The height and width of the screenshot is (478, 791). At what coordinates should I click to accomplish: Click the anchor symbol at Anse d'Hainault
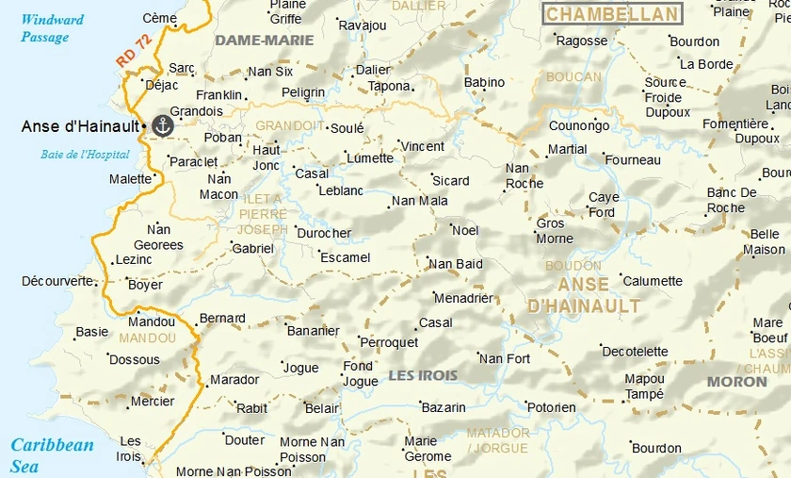tap(163, 125)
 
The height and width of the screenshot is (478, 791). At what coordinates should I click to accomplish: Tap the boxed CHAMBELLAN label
tap(612, 14)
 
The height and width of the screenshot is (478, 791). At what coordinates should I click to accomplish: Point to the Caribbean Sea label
tap(52, 455)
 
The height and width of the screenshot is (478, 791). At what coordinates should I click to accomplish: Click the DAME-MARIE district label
tap(265, 41)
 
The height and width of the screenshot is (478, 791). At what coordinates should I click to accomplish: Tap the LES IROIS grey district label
tap(423, 375)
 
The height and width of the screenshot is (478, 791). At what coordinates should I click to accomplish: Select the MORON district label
tap(736, 382)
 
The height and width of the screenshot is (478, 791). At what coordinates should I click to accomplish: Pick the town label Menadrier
tap(463, 298)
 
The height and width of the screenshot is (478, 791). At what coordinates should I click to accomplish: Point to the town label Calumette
tap(653, 281)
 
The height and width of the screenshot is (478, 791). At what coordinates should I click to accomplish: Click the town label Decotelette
tap(635, 352)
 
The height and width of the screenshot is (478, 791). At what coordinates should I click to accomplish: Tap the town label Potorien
tap(551, 407)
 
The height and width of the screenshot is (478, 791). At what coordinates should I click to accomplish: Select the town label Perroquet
tap(390, 342)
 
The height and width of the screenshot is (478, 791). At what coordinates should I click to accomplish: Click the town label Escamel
tap(346, 257)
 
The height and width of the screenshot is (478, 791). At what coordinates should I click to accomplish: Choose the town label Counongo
tap(579, 125)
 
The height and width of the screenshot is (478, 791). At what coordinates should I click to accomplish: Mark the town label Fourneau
tap(633, 160)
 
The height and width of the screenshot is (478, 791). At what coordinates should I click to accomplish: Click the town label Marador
tap(234, 380)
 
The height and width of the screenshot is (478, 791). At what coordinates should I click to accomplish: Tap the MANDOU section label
tap(148, 338)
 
